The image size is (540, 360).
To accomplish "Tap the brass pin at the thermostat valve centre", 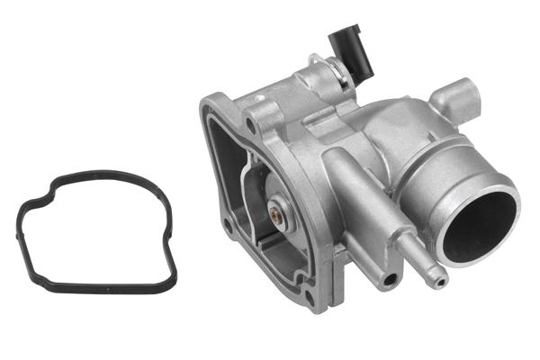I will pyautogui.click(x=272, y=213).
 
